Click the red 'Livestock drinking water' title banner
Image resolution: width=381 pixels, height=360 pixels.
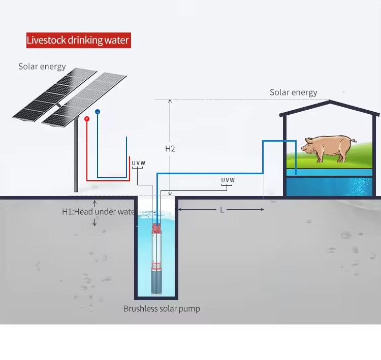click(78, 40)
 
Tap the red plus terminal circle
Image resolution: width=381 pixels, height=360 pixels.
click(87, 119)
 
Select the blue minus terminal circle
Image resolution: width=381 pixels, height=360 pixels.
click(98, 112)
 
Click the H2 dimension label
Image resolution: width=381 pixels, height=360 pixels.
click(170, 149)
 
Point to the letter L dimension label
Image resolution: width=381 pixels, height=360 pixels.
click(222, 210)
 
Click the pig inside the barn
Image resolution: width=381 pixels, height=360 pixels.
click(328, 148)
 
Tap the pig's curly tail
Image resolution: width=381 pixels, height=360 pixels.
click(354, 140)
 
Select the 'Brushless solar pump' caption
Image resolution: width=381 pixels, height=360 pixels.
click(162, 309)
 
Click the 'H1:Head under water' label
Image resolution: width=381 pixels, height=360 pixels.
click(99, 212)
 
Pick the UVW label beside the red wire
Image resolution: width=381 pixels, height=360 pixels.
click(138, 163)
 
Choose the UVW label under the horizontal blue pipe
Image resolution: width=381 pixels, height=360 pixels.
click(228, 180)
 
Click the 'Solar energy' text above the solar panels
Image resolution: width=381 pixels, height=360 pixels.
click(42, 67)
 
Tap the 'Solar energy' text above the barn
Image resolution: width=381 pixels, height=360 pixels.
click(293, 92)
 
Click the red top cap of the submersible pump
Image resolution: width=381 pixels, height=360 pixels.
click(156, 228)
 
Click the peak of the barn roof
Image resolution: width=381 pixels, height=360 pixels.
click(330, 101)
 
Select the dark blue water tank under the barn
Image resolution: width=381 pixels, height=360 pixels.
click(329, 186)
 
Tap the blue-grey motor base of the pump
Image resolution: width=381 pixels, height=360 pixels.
click(156, 282)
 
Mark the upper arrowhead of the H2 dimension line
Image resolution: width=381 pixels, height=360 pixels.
click(170, 101)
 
